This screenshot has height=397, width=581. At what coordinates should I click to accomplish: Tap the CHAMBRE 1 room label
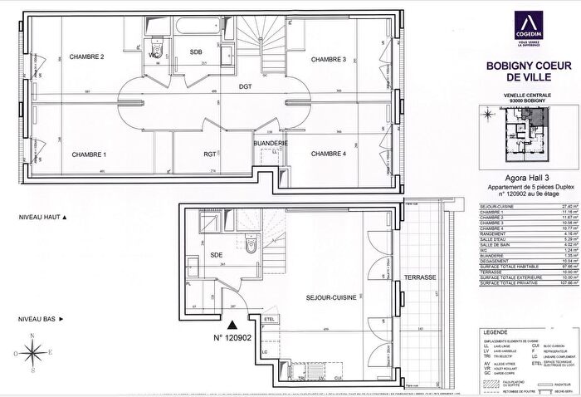point(90,154)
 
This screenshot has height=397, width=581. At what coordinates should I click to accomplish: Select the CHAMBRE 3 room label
point(328,60)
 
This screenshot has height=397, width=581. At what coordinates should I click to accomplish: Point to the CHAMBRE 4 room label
point(328,154)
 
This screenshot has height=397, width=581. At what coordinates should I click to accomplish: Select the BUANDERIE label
point(271,144)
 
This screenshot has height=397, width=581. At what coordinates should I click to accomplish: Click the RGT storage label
point(210,154)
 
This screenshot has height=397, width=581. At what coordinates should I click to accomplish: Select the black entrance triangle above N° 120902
point(232,303)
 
